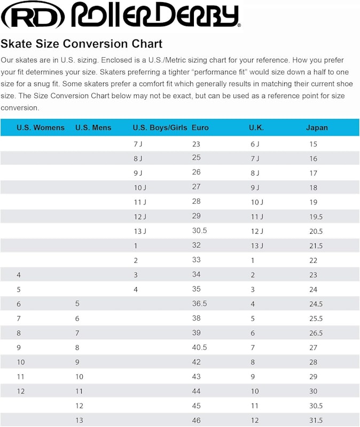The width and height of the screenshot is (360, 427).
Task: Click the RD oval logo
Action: (33, 16)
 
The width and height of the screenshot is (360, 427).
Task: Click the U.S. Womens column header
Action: (41, 128)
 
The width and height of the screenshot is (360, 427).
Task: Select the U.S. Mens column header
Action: (93, 128)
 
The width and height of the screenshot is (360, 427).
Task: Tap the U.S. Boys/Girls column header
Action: (160, 128)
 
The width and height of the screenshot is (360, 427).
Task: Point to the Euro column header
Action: (200, 128)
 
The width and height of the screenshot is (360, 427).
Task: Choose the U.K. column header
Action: (256, 128)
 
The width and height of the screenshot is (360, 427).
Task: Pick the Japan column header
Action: (317, 128)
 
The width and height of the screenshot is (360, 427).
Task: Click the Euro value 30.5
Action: (199, 231)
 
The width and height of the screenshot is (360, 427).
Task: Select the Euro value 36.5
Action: (199, 303)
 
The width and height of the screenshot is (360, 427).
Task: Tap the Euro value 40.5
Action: (199, 347)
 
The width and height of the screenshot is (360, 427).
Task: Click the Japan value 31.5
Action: (316, 420)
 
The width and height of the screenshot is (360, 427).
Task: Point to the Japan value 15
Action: (313, 144)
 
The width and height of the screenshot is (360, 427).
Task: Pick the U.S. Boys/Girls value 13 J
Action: (140, 231)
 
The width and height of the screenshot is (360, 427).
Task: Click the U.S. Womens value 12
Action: (21, 391)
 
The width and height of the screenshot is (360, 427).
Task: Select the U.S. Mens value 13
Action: (79, 420)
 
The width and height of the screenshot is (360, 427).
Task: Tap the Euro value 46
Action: (196, 420)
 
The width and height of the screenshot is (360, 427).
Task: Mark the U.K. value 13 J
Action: (257, 246)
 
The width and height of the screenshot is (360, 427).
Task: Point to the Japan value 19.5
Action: (316, 217)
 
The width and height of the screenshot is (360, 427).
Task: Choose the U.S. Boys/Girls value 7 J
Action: (138, 144)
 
